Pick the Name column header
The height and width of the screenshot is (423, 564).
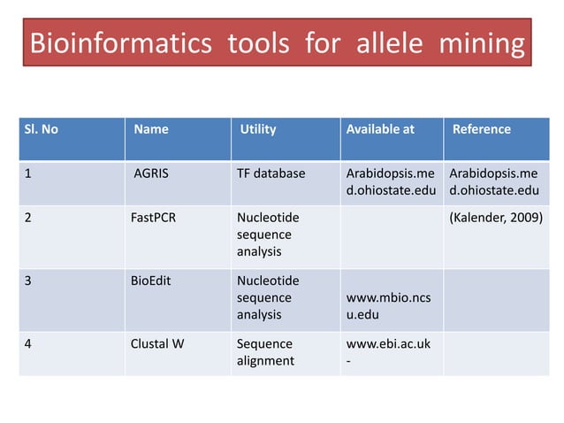pyautogui.click(x=150, y=129)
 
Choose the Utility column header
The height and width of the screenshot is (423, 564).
pyautogui.click(x=258, y=129)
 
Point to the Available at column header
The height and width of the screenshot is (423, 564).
pyautogui.click(x=380, y=129)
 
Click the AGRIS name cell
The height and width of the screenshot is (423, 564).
pyautogui.click(x=151, y=173)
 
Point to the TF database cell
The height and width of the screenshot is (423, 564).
pyautogui.click(x=271, y=173)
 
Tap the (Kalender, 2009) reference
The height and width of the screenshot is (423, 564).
pyautogui.click(x=497, y=218)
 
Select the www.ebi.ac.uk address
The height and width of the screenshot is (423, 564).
pyautogui.click(x=388, y=344)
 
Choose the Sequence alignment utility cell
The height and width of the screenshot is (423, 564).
pyautogui.click(x=265, y=352)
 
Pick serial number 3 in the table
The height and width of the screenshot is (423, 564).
pyautogui.click(x=28, y=281)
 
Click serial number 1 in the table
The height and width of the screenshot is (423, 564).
pyautogui.click(x=28, y=173)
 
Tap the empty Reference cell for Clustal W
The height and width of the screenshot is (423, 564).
pyautogui.click(x=496, y=352)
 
